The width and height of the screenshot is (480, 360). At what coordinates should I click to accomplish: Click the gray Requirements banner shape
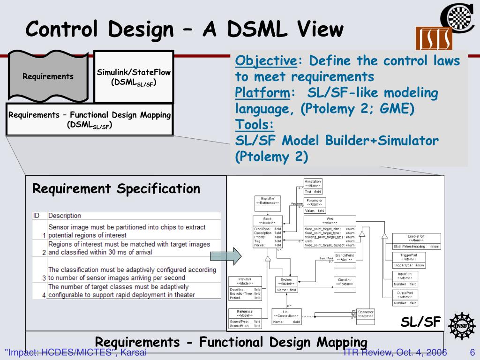click(48, 76)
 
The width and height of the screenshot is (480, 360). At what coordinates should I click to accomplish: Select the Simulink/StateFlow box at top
click(134, 77)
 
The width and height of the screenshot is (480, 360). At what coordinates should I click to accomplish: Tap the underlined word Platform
click(262, 92)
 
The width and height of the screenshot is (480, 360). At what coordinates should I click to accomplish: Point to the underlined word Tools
click(255, 125)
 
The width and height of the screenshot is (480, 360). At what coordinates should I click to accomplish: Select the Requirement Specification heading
click(116, 189)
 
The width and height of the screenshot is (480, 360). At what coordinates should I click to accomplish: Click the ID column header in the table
click(36, 216)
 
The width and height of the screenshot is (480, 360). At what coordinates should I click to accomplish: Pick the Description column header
click(65, 216)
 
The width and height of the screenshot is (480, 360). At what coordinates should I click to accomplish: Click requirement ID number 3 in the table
click(44, 277)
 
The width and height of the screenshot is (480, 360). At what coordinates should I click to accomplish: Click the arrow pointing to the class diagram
click(225, 256)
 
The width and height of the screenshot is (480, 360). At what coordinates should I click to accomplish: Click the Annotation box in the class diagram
click(313, 186)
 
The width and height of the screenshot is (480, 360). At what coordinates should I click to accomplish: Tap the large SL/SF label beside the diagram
click(420, 322)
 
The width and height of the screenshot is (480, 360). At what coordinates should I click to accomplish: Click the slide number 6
click(472, 352)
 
